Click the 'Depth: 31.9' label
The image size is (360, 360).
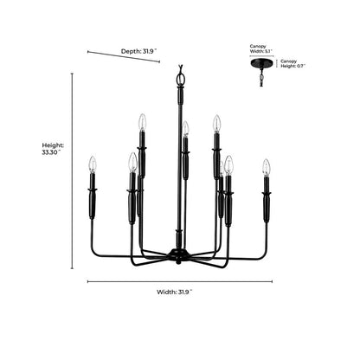click(x=138, y=51)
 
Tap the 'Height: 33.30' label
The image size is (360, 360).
click(x=52, y=149)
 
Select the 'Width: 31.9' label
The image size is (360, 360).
click(x=175, y=292)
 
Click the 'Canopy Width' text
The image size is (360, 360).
click(x=260, y=48)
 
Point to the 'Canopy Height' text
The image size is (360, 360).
click(x=292, y=63)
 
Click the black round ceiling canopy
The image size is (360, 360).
click(x=260, y=63)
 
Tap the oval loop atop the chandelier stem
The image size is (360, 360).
click(x=181, y=79)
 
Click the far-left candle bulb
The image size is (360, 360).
click(x=92, y=164)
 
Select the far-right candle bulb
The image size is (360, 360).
click(x=267, y=167)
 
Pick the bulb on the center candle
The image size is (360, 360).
click(x=185, y=128)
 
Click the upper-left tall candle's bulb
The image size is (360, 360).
click(x=142, y=122)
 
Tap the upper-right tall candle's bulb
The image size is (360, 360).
click(x=216, y=123)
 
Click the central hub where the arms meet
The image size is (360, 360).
click(x=179, y=254)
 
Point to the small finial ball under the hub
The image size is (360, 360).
click(x=179, y=262)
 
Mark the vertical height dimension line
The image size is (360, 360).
click(x=72, y=171)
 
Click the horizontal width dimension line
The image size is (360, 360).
click(x=180, y=281)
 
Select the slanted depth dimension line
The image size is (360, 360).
click(x=124, y=56)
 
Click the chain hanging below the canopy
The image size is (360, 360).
click(x=261, y=77)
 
